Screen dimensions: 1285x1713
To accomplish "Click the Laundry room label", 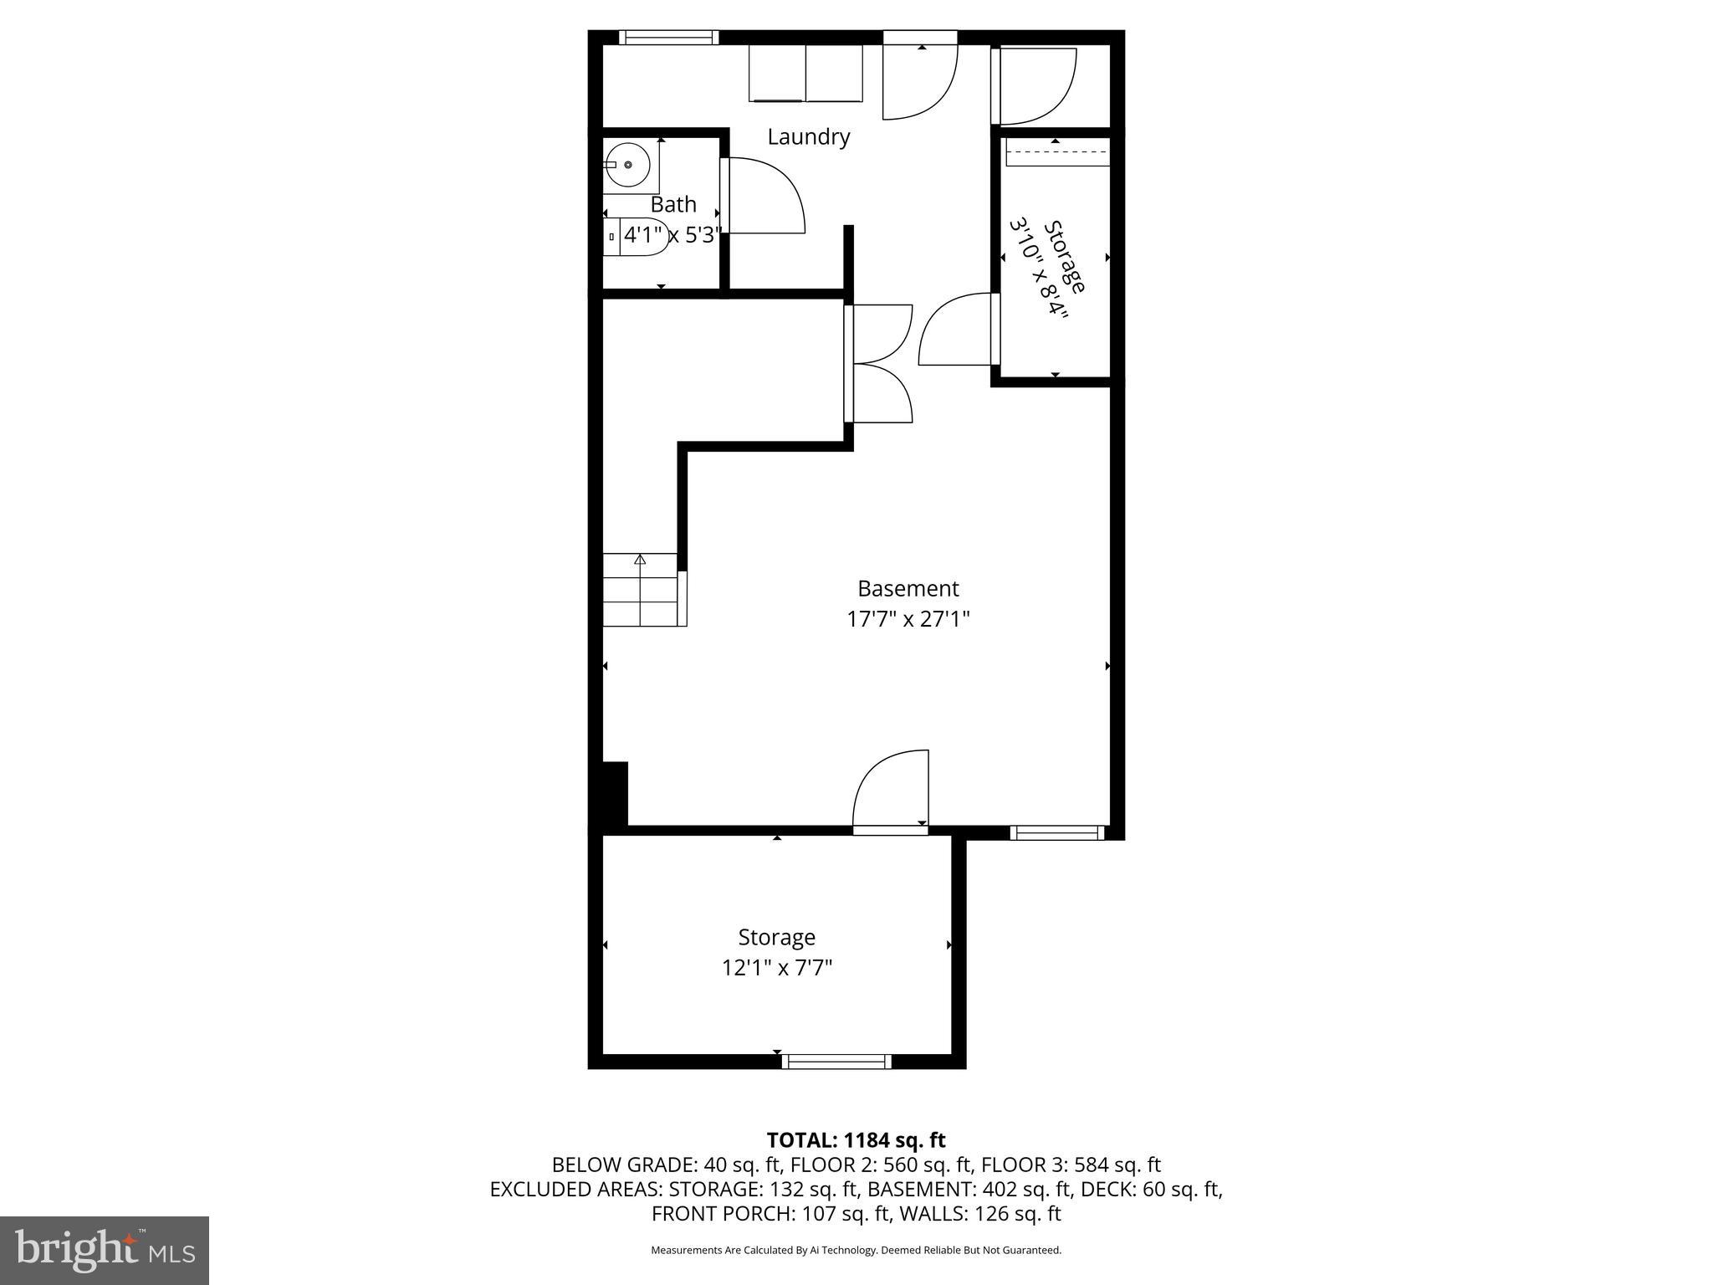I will (808, 137).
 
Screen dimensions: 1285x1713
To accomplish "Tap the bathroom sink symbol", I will (627, 165).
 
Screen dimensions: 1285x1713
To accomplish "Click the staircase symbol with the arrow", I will (641, 590).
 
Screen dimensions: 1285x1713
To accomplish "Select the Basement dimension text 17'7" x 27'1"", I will (908, 620).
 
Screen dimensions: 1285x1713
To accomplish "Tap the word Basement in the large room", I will (908, 588).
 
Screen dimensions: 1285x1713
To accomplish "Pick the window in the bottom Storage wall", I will (836, 1062).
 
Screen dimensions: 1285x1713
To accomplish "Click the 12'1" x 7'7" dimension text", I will (777, 968).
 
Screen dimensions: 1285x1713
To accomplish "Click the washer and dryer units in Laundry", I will (806, 74).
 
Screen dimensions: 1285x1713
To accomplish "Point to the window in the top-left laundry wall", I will (668, 37).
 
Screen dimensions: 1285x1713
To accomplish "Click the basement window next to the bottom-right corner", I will (1057, 832).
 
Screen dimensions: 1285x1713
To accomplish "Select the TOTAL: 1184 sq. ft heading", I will (856, 1140).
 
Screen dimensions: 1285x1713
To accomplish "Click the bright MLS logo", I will (105, 1250).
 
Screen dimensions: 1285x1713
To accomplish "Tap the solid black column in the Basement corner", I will (615, 794).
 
